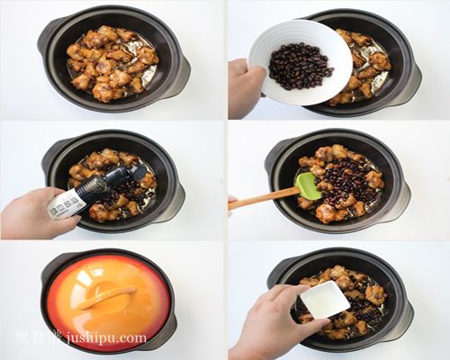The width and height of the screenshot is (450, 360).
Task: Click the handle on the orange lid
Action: coord(107,296)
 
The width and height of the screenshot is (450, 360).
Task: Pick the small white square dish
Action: coord(324,299)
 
